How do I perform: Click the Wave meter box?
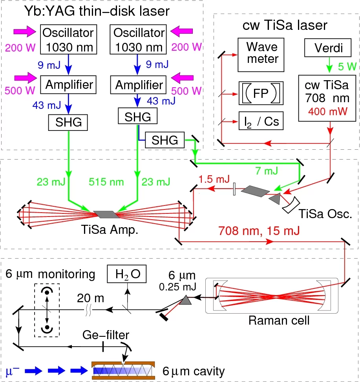coord(262,53)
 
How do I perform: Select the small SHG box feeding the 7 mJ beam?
coord(164,140)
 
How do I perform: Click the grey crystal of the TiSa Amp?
coord(106,214)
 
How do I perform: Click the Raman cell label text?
coord(279,320)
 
